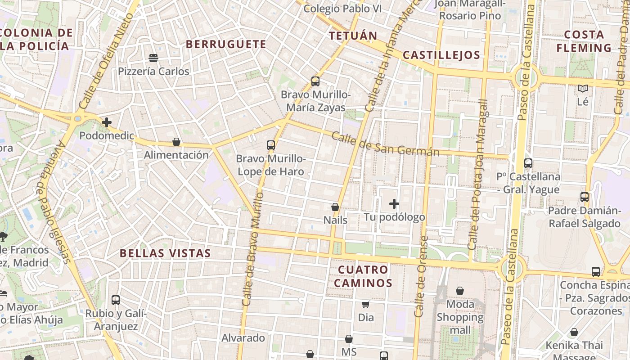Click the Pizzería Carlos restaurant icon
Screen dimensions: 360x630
(x=153, y=58)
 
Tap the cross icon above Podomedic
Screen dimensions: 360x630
(x=107, y=122)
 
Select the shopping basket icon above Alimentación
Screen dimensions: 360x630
(x=176, y=142)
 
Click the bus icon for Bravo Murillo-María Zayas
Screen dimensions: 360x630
(x=315, y=81)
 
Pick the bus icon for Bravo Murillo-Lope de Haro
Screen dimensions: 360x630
(x=270, y=145)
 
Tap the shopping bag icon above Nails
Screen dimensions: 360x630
(x=335, y=207)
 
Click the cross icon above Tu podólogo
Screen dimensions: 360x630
(x=394, y=204)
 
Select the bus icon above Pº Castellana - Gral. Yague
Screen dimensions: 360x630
(x=528, y=163)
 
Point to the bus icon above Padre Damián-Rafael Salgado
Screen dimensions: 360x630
(x=585, y=197)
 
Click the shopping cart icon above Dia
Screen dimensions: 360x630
(x=366, y=304)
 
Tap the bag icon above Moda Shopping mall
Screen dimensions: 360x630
(x=460, y=291)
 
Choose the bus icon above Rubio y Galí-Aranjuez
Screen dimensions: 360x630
(x=116, y=300)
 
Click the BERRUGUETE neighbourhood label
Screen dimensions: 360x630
(x=226, y=44)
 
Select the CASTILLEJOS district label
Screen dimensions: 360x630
(x=441, y=55)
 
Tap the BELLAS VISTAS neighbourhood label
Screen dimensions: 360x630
(x=165, y=253)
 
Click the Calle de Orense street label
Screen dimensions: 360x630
(x=420, y=277)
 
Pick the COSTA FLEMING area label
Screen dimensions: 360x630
(x=584, y=41)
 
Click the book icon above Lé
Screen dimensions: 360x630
(x=583, y=89)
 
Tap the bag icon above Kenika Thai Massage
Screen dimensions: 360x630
(x=574, y=332)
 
